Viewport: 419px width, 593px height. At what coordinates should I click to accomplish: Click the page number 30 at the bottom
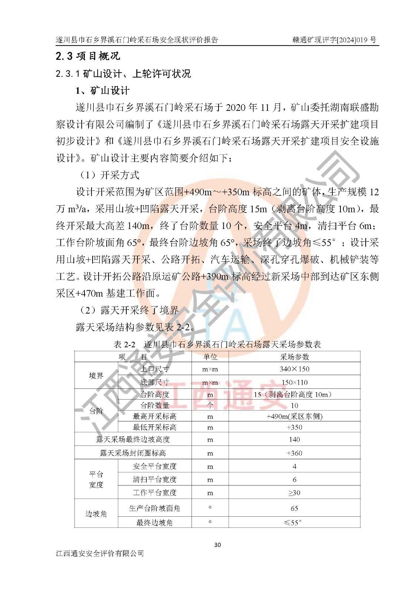[217, 544]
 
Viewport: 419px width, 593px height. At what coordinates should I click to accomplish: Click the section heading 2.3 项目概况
[88, 56]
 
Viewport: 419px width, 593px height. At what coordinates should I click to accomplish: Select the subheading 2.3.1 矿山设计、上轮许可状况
[123, 74]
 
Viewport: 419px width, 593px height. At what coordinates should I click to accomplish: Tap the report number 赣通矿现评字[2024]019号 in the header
[334, 40]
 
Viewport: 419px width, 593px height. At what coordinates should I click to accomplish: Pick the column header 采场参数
[294, 357]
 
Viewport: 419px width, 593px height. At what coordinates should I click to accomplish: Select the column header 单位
[210, 357]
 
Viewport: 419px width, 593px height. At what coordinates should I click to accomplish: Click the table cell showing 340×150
[294, 369]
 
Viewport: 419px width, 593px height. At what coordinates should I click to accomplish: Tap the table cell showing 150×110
[294, 382]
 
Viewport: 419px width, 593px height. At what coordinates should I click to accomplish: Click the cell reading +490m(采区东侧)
[294, 416]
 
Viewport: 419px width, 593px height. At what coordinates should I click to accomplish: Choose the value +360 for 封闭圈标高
[294, 453]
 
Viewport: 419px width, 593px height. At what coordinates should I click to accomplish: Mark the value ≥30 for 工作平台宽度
[294, 493]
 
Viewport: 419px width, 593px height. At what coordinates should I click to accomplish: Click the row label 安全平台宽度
[154, 466]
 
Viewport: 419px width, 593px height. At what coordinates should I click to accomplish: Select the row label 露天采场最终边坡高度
[133, 440]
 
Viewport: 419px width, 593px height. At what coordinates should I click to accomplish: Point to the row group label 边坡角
[96, 514]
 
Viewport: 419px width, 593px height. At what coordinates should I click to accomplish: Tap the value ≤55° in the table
[293, 523]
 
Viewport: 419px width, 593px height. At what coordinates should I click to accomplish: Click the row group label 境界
[96, 375]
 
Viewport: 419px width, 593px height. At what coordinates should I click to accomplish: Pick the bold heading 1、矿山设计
[103, 90]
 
